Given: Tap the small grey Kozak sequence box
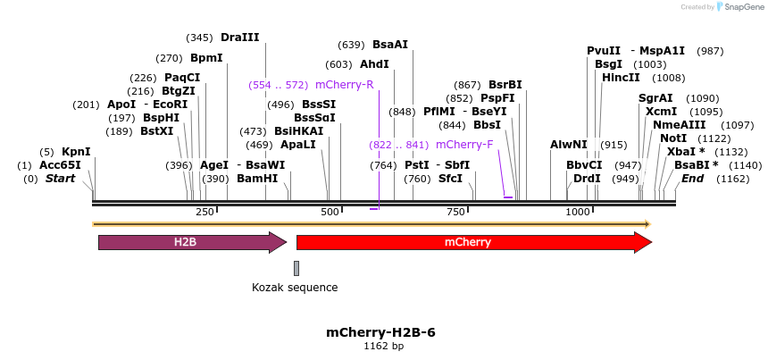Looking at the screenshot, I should click(x=296, y=268).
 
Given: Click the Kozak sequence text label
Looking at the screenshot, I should click(x=295, y=288).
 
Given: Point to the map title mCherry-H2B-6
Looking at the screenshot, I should click(x=380, y=332).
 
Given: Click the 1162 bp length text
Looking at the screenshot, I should click(x=383, y=346).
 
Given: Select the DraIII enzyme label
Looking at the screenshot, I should click(x=239, y=38).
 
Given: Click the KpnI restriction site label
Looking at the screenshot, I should click(x=76, y=152).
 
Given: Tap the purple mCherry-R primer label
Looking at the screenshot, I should click(x=344, y=85).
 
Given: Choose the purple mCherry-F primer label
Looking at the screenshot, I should click(x=464, y=144).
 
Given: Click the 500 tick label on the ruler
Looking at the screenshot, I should click(x=330, y=211).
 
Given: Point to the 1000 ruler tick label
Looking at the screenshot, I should click(x=579, y=211).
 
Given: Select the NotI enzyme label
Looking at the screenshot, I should click(x=673, y=138).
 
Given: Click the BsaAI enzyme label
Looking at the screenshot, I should click(x=390, y=45).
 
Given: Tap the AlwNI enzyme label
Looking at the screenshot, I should click(x=569, y=144).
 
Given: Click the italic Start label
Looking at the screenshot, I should click(x=61, y=179).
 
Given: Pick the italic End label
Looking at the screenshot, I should click(x=692, y=179).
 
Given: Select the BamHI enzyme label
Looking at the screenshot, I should click(x=257, y=179).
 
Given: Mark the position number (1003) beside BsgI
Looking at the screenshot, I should click(x=649, y=64).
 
